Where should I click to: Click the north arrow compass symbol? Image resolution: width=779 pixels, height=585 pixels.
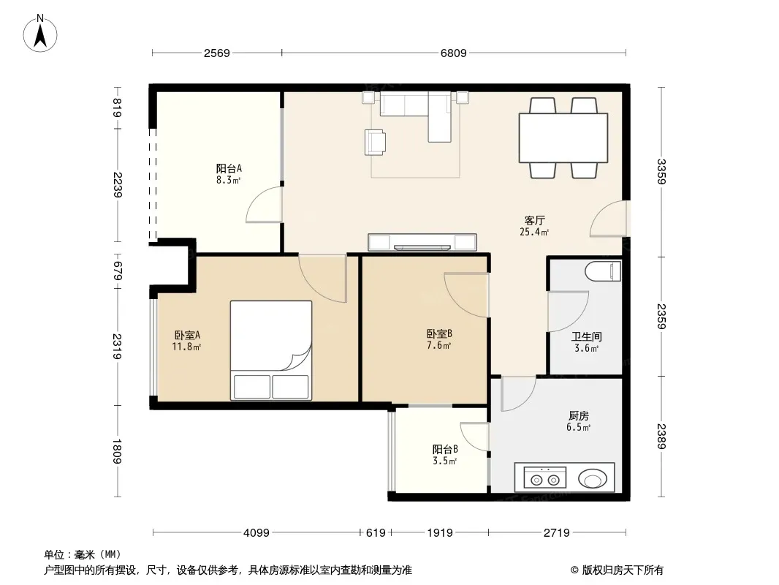(40, 34)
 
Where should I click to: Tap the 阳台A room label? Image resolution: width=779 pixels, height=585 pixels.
(229, 168)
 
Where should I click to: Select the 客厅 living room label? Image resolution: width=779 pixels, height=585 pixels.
(535, 220)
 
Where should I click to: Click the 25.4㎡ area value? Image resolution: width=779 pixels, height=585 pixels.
(534, 232)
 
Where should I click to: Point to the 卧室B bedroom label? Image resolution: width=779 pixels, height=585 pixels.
(439, 333)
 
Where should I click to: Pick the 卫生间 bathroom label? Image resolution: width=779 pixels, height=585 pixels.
(586, 336)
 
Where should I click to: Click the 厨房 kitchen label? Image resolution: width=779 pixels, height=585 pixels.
(578, 415)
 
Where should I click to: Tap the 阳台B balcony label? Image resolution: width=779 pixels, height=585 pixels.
(444, 449)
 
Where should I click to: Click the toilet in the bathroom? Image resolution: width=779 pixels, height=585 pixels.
(603, 271)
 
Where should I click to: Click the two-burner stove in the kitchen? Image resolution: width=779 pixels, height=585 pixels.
(544, 478)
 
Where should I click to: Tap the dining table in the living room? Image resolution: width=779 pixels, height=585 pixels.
(563, 137)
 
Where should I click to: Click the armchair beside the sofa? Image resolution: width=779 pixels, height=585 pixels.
(375, 142)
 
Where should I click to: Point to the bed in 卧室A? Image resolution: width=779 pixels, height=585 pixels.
(271, 350)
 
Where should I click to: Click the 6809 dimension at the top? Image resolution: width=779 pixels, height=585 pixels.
(454, 53)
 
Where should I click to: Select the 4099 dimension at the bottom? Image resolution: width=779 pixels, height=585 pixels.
(256, 533)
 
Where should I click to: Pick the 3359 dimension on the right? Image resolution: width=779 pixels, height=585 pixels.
(661, 171)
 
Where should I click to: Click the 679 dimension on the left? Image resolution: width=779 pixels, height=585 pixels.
(117, 271)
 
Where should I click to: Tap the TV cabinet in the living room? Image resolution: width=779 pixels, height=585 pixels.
(422, 242)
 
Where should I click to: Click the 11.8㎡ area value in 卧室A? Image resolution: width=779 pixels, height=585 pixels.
(186, 347)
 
